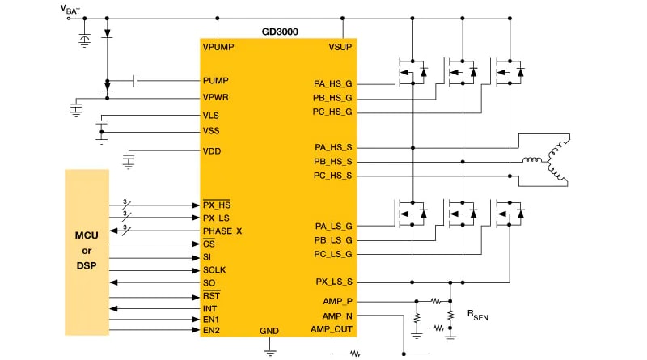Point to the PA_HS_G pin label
pos(333,83)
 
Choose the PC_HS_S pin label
pos(333,176)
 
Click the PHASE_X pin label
pos(222,231)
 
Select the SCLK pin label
pos(214,270)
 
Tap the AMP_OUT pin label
pos(332,329)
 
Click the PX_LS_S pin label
pos(333,282)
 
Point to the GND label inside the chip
pos(269,332)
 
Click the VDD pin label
pos(212,151)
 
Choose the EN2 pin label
pos(211,330)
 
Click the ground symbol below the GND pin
pos(269,350)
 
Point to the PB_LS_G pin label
pos(333,239)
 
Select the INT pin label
pos(209,308)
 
